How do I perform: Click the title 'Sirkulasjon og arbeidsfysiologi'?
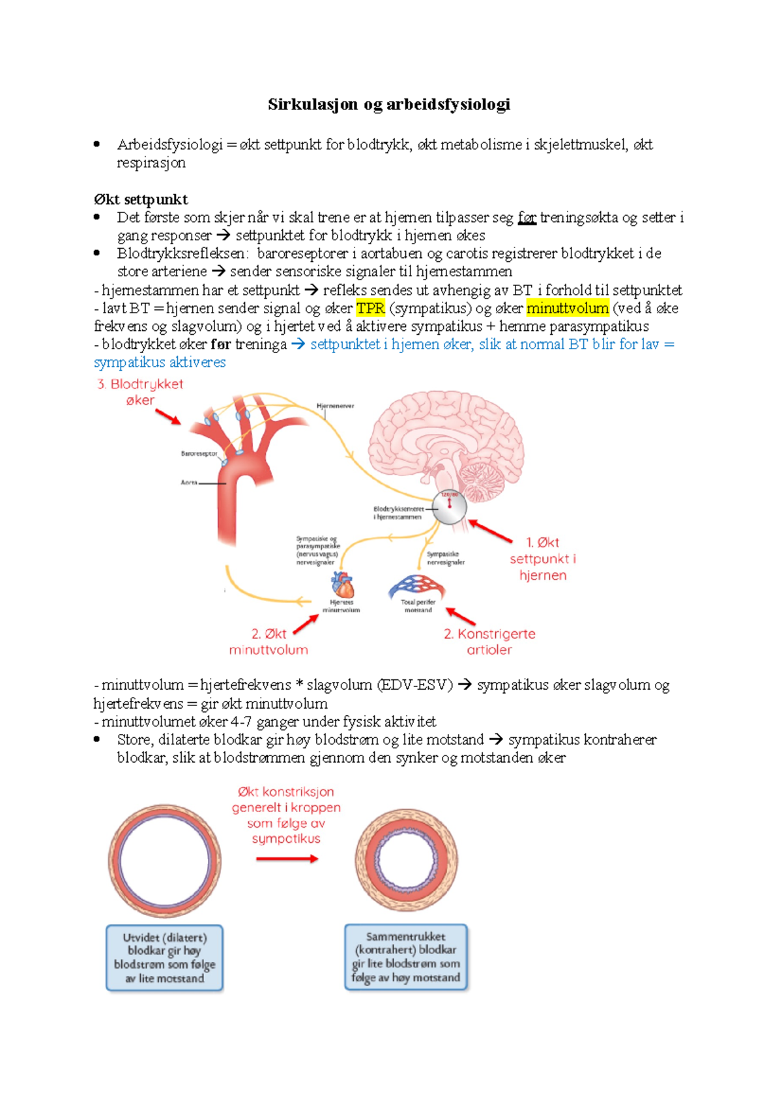point(389,104)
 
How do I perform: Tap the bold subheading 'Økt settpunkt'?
point(141,199)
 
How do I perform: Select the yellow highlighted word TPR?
point(370,308)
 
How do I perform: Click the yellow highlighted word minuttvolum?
point(568,308)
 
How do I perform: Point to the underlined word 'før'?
point(527,218)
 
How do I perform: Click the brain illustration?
point(446,443)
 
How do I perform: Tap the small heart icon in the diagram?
point(342,584)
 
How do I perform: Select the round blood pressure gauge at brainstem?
point(450,507)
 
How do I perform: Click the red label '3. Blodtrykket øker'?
point(140,392)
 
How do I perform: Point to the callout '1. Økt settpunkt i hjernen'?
point(543,559)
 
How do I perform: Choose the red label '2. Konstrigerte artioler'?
point(489,642)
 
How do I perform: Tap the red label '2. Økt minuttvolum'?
point(268,642)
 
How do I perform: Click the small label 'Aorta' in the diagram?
point(189,483)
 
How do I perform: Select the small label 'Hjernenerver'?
point(335,406)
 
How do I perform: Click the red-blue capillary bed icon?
point(417,586)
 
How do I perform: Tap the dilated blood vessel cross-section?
point(164,860)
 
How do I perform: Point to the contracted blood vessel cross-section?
point(406,860)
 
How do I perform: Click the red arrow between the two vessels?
point(287,859)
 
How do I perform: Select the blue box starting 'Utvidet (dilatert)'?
point(165,958)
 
